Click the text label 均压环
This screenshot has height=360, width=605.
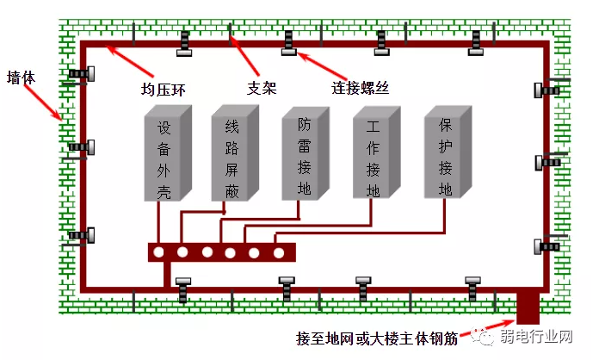(x=162, y=87)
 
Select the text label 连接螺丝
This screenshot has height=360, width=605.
(x=361, y=87)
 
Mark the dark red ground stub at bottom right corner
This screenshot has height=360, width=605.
(x=528, y=306)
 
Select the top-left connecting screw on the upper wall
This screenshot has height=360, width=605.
(x=184, y=43)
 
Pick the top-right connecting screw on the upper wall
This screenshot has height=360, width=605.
(x=476, y=43)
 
